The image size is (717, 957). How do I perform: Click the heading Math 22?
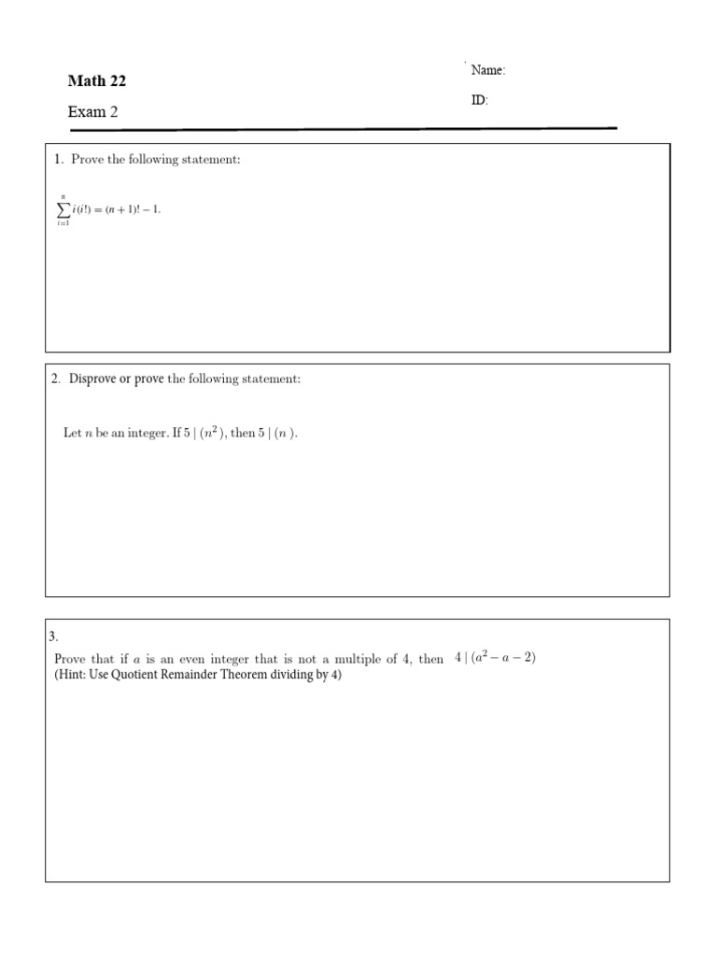[x=96, y=81]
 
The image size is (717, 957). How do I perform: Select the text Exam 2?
[x=92, y=112]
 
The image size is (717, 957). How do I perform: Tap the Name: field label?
[x=487, y=70]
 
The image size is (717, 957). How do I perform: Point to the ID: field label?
[x=479, y=100]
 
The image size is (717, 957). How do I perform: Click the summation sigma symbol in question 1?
[x=63, y=210]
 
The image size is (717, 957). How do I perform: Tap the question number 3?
[x=53, y=636]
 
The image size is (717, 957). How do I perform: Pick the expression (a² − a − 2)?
[x=503, y=658]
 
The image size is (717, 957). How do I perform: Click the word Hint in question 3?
[x=73, y=675]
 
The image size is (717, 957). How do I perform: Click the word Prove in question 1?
[x=87, y=160]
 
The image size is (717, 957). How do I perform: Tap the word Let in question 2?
[x=72, y=434]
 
